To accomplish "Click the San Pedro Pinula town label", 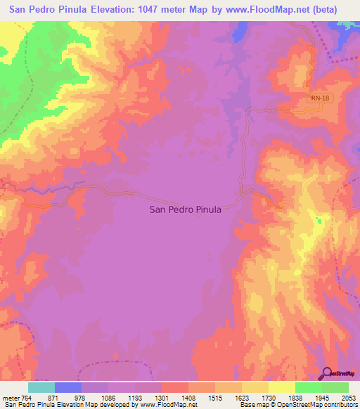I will click(x=186, y=209).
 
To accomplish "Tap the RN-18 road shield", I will click(x=319, y=99).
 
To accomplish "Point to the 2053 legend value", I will click(x=349, y=398).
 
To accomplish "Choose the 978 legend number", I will click(x=82, y=398).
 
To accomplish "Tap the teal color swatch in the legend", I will click(x=41, y=387).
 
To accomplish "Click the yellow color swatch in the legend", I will click(x=281, y=387).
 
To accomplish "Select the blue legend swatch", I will click(x=68, y=387).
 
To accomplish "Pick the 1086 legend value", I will click(x=108, y=398).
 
